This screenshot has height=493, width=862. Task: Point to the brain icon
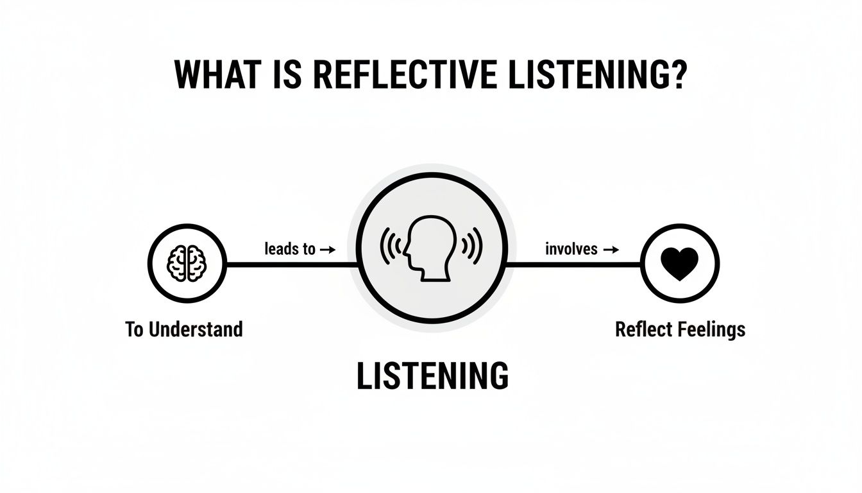[x=186, y=263]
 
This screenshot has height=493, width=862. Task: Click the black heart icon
[x=680, y=264]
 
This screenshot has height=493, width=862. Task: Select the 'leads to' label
[x=290, y=249]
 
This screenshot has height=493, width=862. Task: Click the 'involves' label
[x=571, y=249]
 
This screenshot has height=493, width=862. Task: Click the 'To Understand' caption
[x=184, y=330]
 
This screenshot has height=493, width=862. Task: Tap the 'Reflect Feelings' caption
[x=680, y=330]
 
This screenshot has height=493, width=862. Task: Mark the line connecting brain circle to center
[x=289, y=264]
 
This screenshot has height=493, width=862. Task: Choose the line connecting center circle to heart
[x=574, y=263]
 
